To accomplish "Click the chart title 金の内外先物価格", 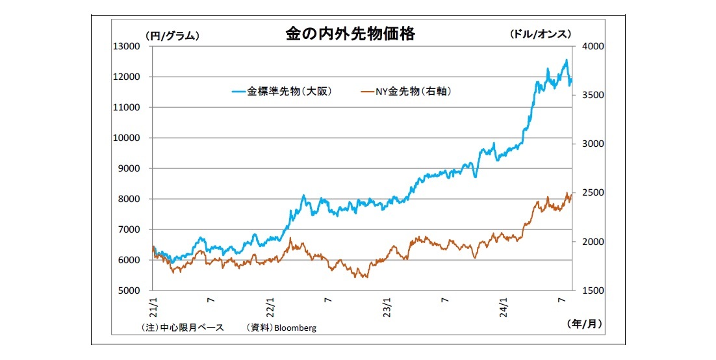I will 350,34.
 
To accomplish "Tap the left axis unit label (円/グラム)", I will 172,36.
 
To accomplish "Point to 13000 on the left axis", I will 128,46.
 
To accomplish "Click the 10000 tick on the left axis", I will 128,138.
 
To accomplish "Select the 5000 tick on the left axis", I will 131,290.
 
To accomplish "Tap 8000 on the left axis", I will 131,199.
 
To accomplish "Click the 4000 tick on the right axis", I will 593,46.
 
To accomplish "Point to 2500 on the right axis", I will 593,193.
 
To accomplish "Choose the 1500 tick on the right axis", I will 593,290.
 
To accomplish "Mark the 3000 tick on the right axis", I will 593,144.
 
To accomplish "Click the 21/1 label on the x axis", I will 152,305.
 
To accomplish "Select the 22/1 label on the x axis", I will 269,305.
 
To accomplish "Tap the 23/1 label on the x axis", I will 387,305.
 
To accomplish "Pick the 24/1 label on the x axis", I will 504,305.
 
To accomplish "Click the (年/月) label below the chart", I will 585,322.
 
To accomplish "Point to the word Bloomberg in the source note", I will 296,328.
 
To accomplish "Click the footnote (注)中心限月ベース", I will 183,328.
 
